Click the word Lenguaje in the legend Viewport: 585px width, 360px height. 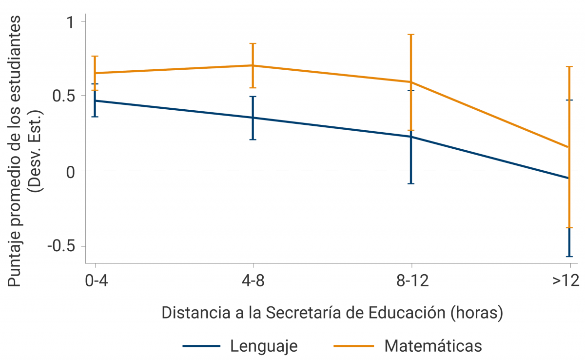pyautogui.click(x=264, y=346)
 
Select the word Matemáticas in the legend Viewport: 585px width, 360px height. pyautogui.click(x=433, y=346)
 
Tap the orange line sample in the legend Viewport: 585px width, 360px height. pyautogui.click(x=354, y=346)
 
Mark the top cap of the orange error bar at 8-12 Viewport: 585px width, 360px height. pyautogui.click(x=411, y=35)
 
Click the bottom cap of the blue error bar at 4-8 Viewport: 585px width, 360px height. pyautogui.click(x=253, y=140)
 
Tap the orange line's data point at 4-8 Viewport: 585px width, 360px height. pyautogui.click(x=253, y=65)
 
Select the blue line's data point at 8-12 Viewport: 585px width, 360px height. pyautogui.click(x=411, y=137)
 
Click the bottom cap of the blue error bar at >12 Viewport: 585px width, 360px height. pyautogui.click(x=569, y=256)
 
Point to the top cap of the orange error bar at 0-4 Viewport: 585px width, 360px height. pyautogui.click(x=95, y=57)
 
